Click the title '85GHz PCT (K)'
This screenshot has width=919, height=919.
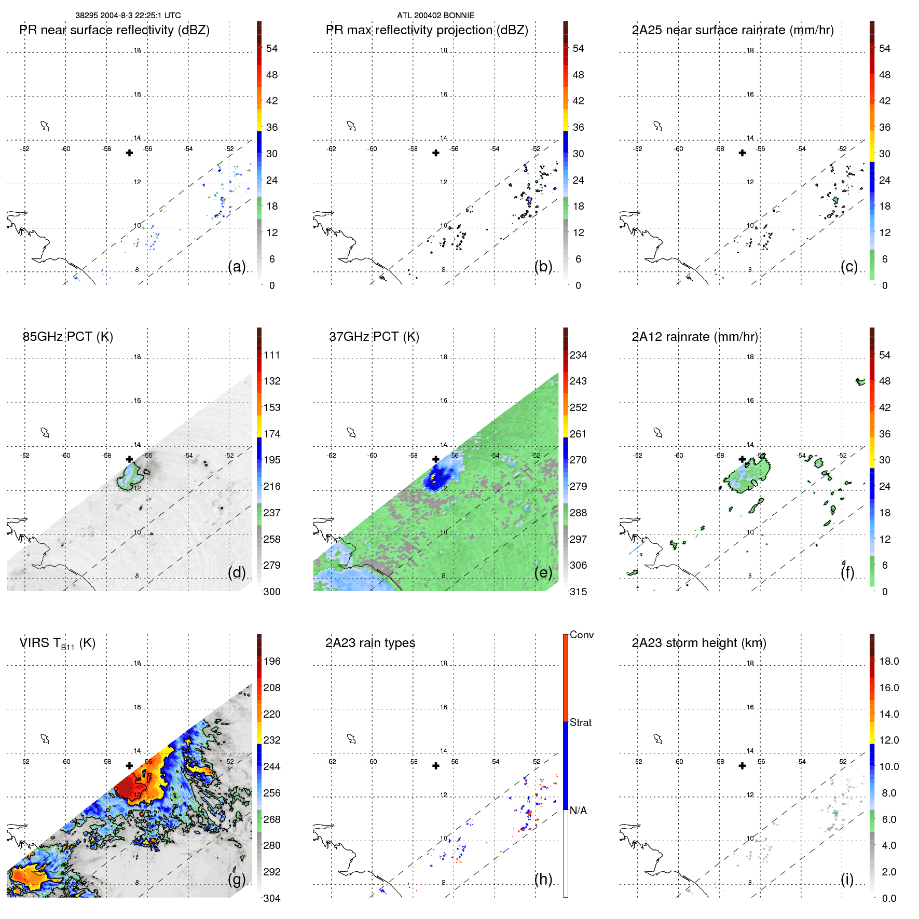[67, 337]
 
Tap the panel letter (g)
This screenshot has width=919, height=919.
[237, 879]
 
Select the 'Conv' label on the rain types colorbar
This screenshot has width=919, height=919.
[581, 635]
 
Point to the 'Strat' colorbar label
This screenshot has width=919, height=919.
[580, 722]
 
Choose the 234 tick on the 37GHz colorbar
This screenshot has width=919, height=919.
[578, 355]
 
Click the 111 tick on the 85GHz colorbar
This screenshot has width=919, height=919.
[272, 355]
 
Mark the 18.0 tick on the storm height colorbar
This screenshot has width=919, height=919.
[889, 661]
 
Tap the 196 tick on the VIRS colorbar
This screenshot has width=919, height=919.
[272, 661]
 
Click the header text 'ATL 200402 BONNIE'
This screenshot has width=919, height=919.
[435, 16]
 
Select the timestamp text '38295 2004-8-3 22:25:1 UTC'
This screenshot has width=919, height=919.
[128, 16]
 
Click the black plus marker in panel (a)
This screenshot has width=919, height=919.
[129, 153]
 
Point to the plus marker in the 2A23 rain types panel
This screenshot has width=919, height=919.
[436, 766]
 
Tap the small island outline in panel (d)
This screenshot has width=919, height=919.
[45, 432]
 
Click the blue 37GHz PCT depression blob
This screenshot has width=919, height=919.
[436, 477]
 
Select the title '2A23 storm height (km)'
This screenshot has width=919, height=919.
[698, 643]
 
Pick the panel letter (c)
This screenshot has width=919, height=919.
[849, 266]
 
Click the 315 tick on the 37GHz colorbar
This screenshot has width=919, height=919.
[578, 592]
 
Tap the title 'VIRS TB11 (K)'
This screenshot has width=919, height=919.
[57, 643]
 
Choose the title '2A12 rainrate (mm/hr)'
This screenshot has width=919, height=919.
[694, 337]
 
